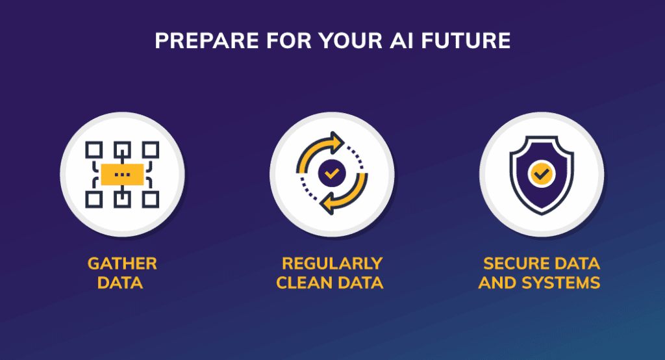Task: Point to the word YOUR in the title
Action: click(358, 41)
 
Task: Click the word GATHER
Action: click(122, 264)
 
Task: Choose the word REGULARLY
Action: click(332, 264)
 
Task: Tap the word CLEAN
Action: click(306, 284)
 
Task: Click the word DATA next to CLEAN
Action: click(361, 284)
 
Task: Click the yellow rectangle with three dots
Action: click(122, 174)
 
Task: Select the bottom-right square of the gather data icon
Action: click(151, 199)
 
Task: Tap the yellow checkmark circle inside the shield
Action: click(540, 174)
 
